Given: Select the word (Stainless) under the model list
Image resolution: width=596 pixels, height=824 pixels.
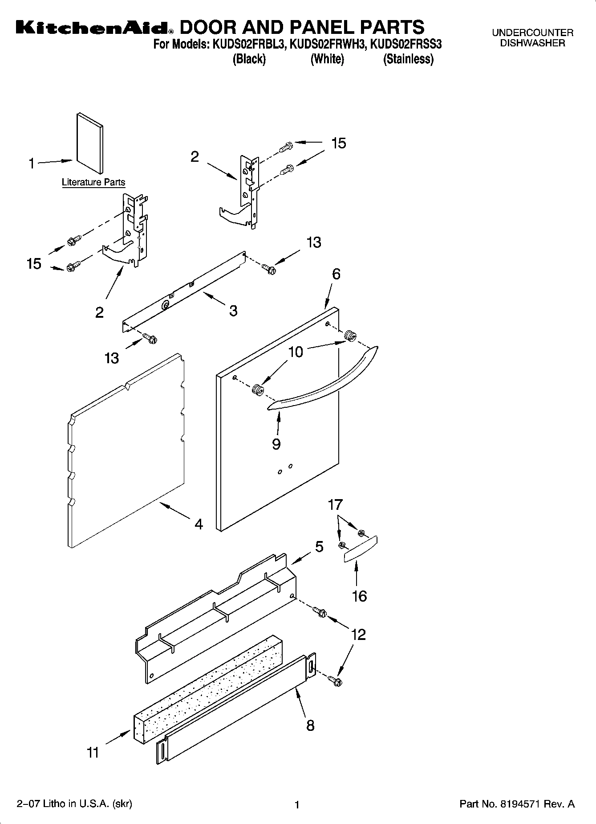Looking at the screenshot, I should [x=408, y=59].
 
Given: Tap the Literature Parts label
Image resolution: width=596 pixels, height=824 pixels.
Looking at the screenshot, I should [x=93, y=182].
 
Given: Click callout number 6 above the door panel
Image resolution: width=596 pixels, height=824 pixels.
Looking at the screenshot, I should [x=336, y=274].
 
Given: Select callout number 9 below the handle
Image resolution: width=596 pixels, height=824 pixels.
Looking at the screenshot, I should [x=276, y=444].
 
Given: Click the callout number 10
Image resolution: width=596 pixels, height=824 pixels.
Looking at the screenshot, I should [x=296, y=352].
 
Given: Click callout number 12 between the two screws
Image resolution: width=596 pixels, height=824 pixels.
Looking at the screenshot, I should [x=359, y=634].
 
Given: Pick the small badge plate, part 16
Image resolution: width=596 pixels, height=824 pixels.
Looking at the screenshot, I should [x=361, y=549].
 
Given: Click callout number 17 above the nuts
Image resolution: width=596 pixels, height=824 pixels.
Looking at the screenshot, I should [x=335, y=504].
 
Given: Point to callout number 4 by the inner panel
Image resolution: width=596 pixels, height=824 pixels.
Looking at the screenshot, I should [x=199, y=524].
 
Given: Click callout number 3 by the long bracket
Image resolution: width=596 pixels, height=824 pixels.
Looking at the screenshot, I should [x=233, y=311].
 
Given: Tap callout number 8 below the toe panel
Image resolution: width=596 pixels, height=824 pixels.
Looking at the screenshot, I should [x=310, y=725].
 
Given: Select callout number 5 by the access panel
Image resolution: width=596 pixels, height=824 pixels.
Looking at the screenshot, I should [x=319, y=546].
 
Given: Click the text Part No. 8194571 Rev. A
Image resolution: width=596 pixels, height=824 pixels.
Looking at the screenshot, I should [x=517, y=804].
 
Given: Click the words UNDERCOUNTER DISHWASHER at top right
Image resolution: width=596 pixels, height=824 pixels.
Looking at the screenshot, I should [x=532, y=38].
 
